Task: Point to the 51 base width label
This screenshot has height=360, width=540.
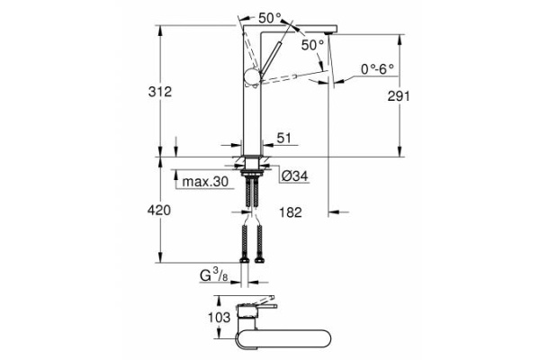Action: pyautogui.click(x=285, y=139)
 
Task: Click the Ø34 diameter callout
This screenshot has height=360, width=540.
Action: pyautogui.click(x=294, y=176)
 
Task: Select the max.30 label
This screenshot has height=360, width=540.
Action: pyautogui.click(x=205, y=182)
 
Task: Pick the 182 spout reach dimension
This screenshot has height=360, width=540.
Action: pyautogui.click(x=289, y=212)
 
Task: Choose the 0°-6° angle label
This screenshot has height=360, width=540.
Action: pyautogui.click(x=379, y=68)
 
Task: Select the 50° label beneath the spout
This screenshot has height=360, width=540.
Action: pyautogui.click(x=313, y=45)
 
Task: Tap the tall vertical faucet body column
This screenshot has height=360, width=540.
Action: pyautogui.click(x=251, y=108)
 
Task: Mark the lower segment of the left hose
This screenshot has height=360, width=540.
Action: pyautogui.click(x=244, y=244)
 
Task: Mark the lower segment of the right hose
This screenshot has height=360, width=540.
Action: pyautogui.click(x=259, y=244)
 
